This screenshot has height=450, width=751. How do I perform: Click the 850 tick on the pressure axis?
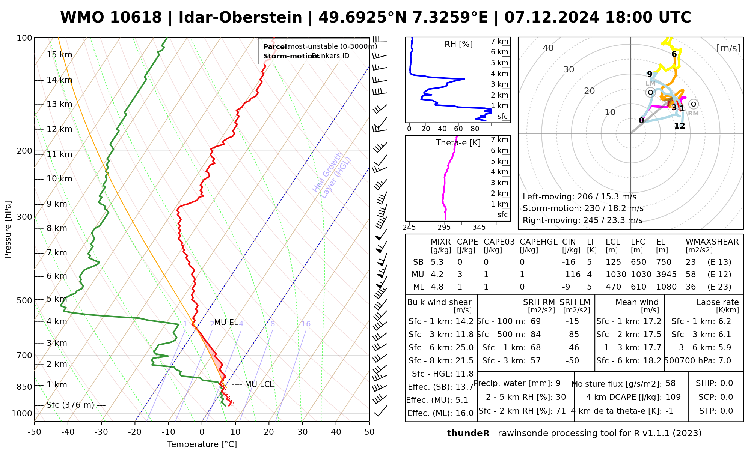pos(24,387)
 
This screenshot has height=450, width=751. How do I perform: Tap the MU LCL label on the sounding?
pos(259,384)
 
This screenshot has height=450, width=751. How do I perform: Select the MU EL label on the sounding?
pos(226,322)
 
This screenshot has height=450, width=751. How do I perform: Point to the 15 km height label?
pos(59,55)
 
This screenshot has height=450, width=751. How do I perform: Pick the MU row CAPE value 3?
pos(460,274)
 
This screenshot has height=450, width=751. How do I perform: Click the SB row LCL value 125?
pos(613,262)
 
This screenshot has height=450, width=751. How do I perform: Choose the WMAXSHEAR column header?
pos(712,242)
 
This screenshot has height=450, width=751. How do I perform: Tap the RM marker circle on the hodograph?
pos(694,104)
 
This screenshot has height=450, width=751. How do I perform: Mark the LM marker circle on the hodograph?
pos(650,92)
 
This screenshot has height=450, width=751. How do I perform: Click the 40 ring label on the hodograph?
pos(548,48)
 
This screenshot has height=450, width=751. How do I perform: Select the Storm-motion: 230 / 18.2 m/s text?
pos(583,208)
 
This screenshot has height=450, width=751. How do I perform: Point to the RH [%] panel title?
pos(458,44)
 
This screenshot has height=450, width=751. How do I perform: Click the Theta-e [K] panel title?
pos(458,143)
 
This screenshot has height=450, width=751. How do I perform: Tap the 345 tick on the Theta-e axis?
pos(479,228)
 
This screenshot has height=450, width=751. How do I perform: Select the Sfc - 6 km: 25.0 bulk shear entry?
pos(441,348)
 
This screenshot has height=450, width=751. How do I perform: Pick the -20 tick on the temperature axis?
pos(135,432)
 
